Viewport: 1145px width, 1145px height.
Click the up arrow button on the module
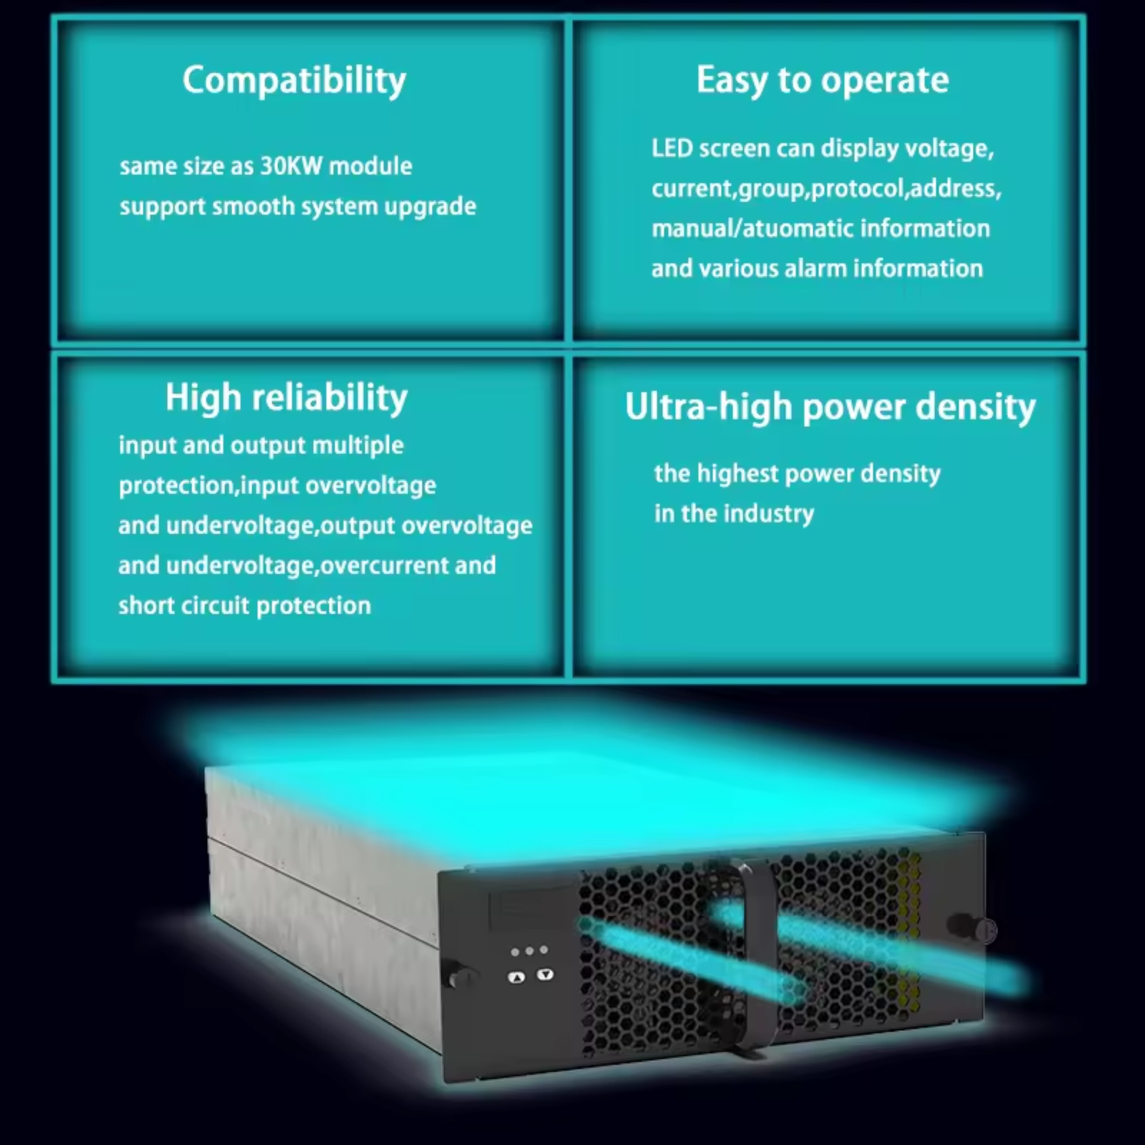(516, 977)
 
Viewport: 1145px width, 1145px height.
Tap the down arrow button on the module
(545, 974)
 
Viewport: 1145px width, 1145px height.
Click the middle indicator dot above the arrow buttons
(530, 951)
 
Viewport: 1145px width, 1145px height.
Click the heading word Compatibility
(294, 80)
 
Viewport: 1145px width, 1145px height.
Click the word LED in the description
(672, 148)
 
